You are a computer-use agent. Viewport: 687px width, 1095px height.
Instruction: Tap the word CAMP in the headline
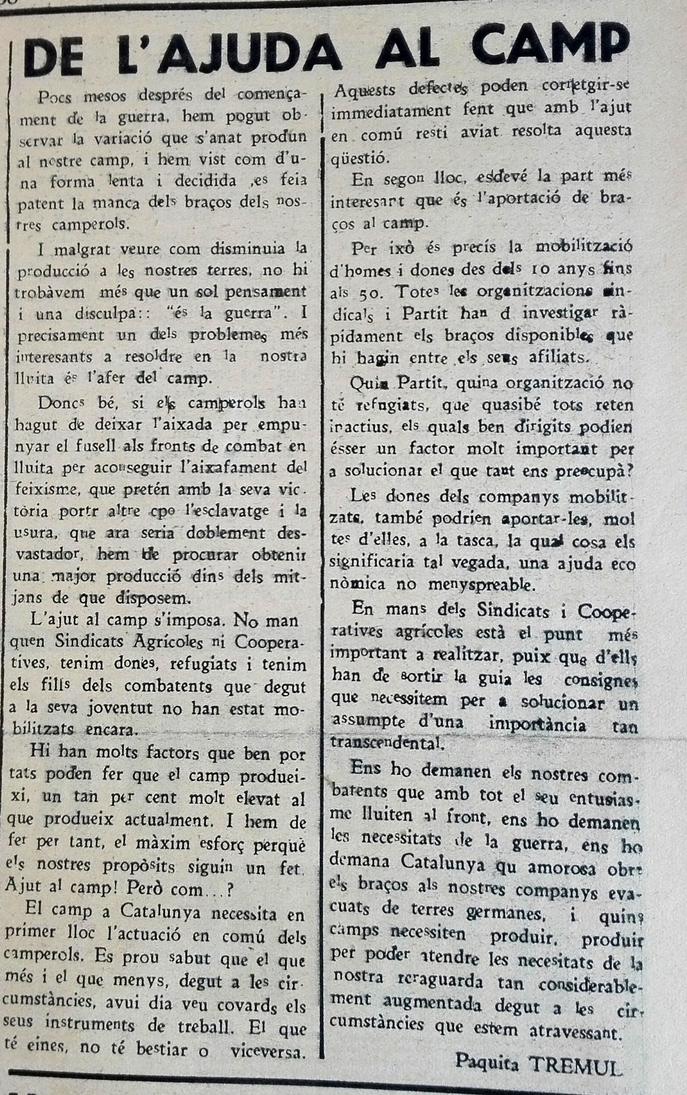[542, 48]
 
